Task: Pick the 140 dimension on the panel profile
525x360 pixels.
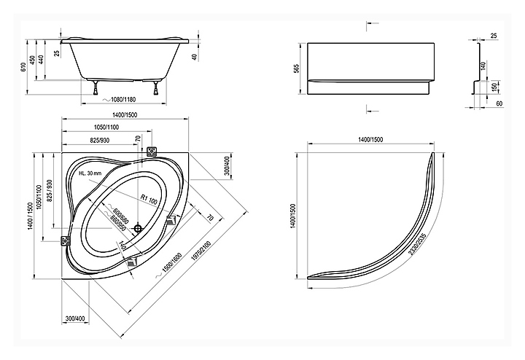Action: tap(483, 66)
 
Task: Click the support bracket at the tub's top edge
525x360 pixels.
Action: tap(152, 152)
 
